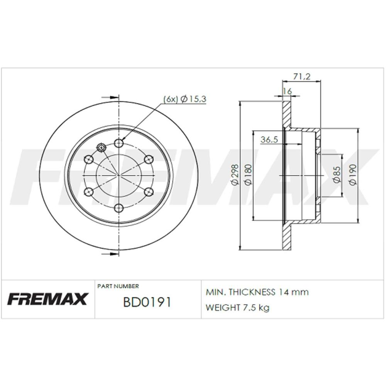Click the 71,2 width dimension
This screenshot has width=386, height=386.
[x=301, y=77]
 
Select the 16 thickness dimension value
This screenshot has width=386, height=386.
[x=287, y=91]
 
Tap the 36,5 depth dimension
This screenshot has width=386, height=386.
[x=269, y=140]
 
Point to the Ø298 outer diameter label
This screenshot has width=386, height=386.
[x=235, y=174]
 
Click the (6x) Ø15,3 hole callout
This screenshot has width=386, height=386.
[x=185, y=99]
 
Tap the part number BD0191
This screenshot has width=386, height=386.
[x=147, y=302]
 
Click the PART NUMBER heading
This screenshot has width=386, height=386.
[x=118, y=286]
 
